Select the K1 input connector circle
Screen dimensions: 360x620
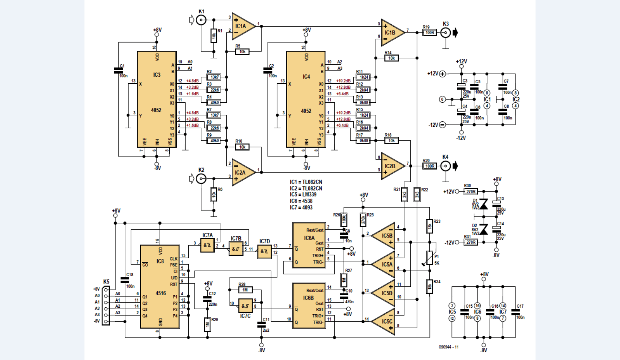pyautogui.click(x=201, y=20)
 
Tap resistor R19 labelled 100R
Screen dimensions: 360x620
pyautogui.click(x=429, y=33)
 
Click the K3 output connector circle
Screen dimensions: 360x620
pyautogui.click(x=446, y=33)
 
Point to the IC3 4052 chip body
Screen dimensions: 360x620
pyautogui.click(x=157, y=99)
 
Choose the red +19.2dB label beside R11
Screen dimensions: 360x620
pyautogui.click(x=343, y=81)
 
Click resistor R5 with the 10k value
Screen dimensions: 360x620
pyautogui.click(x=242, y=52)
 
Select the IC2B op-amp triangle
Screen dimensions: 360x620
pyautogui.click(x=391, y=166)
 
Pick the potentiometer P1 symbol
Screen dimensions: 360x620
pyautogui.click(x=429, y=258)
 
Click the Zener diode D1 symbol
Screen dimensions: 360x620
pyautogui.click(x=484, y=204)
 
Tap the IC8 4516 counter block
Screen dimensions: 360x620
pyautogui.click(x=160, y=287)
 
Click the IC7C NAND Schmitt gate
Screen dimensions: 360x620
pyautogui.click(x=245, y=306)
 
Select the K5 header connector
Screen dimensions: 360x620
pyautogui.click(x=106, y=305)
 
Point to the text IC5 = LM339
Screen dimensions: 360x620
pyautogui.click(x=303, y=195)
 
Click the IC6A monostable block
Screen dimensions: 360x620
pyautogui.click(x=308, y=245)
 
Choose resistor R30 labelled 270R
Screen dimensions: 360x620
pyautogui.click(x=471, y=191)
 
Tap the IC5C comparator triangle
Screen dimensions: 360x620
pyautogui.click(x=385, y=322)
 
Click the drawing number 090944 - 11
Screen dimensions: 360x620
pyautogui.click(x=448, y=347)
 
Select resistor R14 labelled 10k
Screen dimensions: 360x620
pyautogui.click(x=391, y=58)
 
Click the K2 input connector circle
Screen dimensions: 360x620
pyautogui.click(x=201, y=178)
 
